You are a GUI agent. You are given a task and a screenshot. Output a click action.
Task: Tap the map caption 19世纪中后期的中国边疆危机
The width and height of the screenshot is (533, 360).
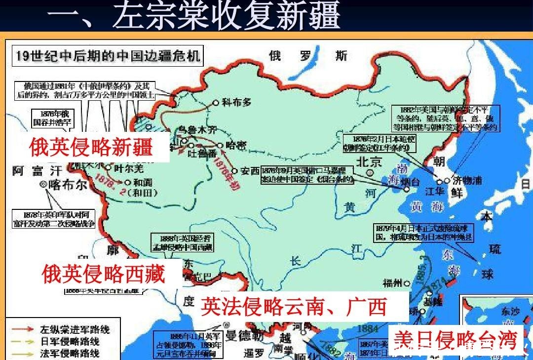[x=108, y=56]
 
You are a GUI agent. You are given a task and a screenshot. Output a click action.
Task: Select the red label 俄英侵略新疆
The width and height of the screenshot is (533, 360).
[x=91, y=147]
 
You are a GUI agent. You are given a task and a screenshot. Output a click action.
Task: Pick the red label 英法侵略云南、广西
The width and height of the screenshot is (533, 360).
[x=293, y=307]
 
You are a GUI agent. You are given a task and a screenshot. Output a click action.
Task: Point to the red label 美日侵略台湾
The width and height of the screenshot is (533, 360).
[x=455, y=340]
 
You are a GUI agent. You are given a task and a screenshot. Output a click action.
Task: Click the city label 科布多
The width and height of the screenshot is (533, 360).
[x=237, y=103]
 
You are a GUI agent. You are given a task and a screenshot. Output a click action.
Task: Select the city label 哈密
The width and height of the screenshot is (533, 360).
[x=235, y=145]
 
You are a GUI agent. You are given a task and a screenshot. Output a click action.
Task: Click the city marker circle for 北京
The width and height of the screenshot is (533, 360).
[x=370, y=172]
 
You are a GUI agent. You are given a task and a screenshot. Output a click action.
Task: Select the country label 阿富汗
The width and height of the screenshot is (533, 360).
[x=38, y=171]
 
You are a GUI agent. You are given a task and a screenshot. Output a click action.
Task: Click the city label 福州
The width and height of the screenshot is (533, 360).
[x=393, y=283]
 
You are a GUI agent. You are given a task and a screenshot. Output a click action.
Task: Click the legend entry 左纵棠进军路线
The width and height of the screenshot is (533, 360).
[x=75, y=329]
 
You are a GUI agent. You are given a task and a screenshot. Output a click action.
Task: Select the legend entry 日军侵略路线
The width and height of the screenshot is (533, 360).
[x=70, y=341]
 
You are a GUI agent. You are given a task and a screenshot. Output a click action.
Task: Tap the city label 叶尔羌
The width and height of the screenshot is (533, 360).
[x=128, y=169]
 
